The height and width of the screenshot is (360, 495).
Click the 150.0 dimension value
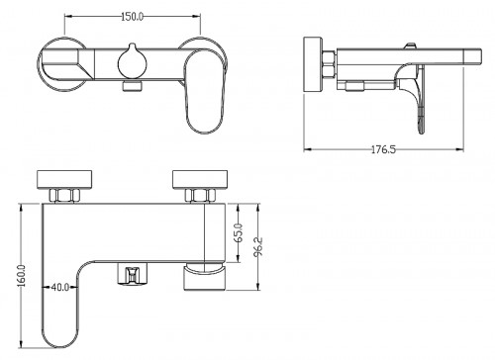(132, 17)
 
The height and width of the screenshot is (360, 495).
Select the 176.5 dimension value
(383, 149)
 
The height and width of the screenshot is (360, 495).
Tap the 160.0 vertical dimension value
(22, 275)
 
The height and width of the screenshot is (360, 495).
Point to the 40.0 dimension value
(60, 287)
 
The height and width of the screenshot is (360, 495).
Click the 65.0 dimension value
(239, 232)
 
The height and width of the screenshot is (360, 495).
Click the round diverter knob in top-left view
(133, 61)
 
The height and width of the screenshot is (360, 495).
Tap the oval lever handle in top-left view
(205, 92)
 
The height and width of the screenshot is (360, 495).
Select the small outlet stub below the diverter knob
(133, 86)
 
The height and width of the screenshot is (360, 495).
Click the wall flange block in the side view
(313, 64)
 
